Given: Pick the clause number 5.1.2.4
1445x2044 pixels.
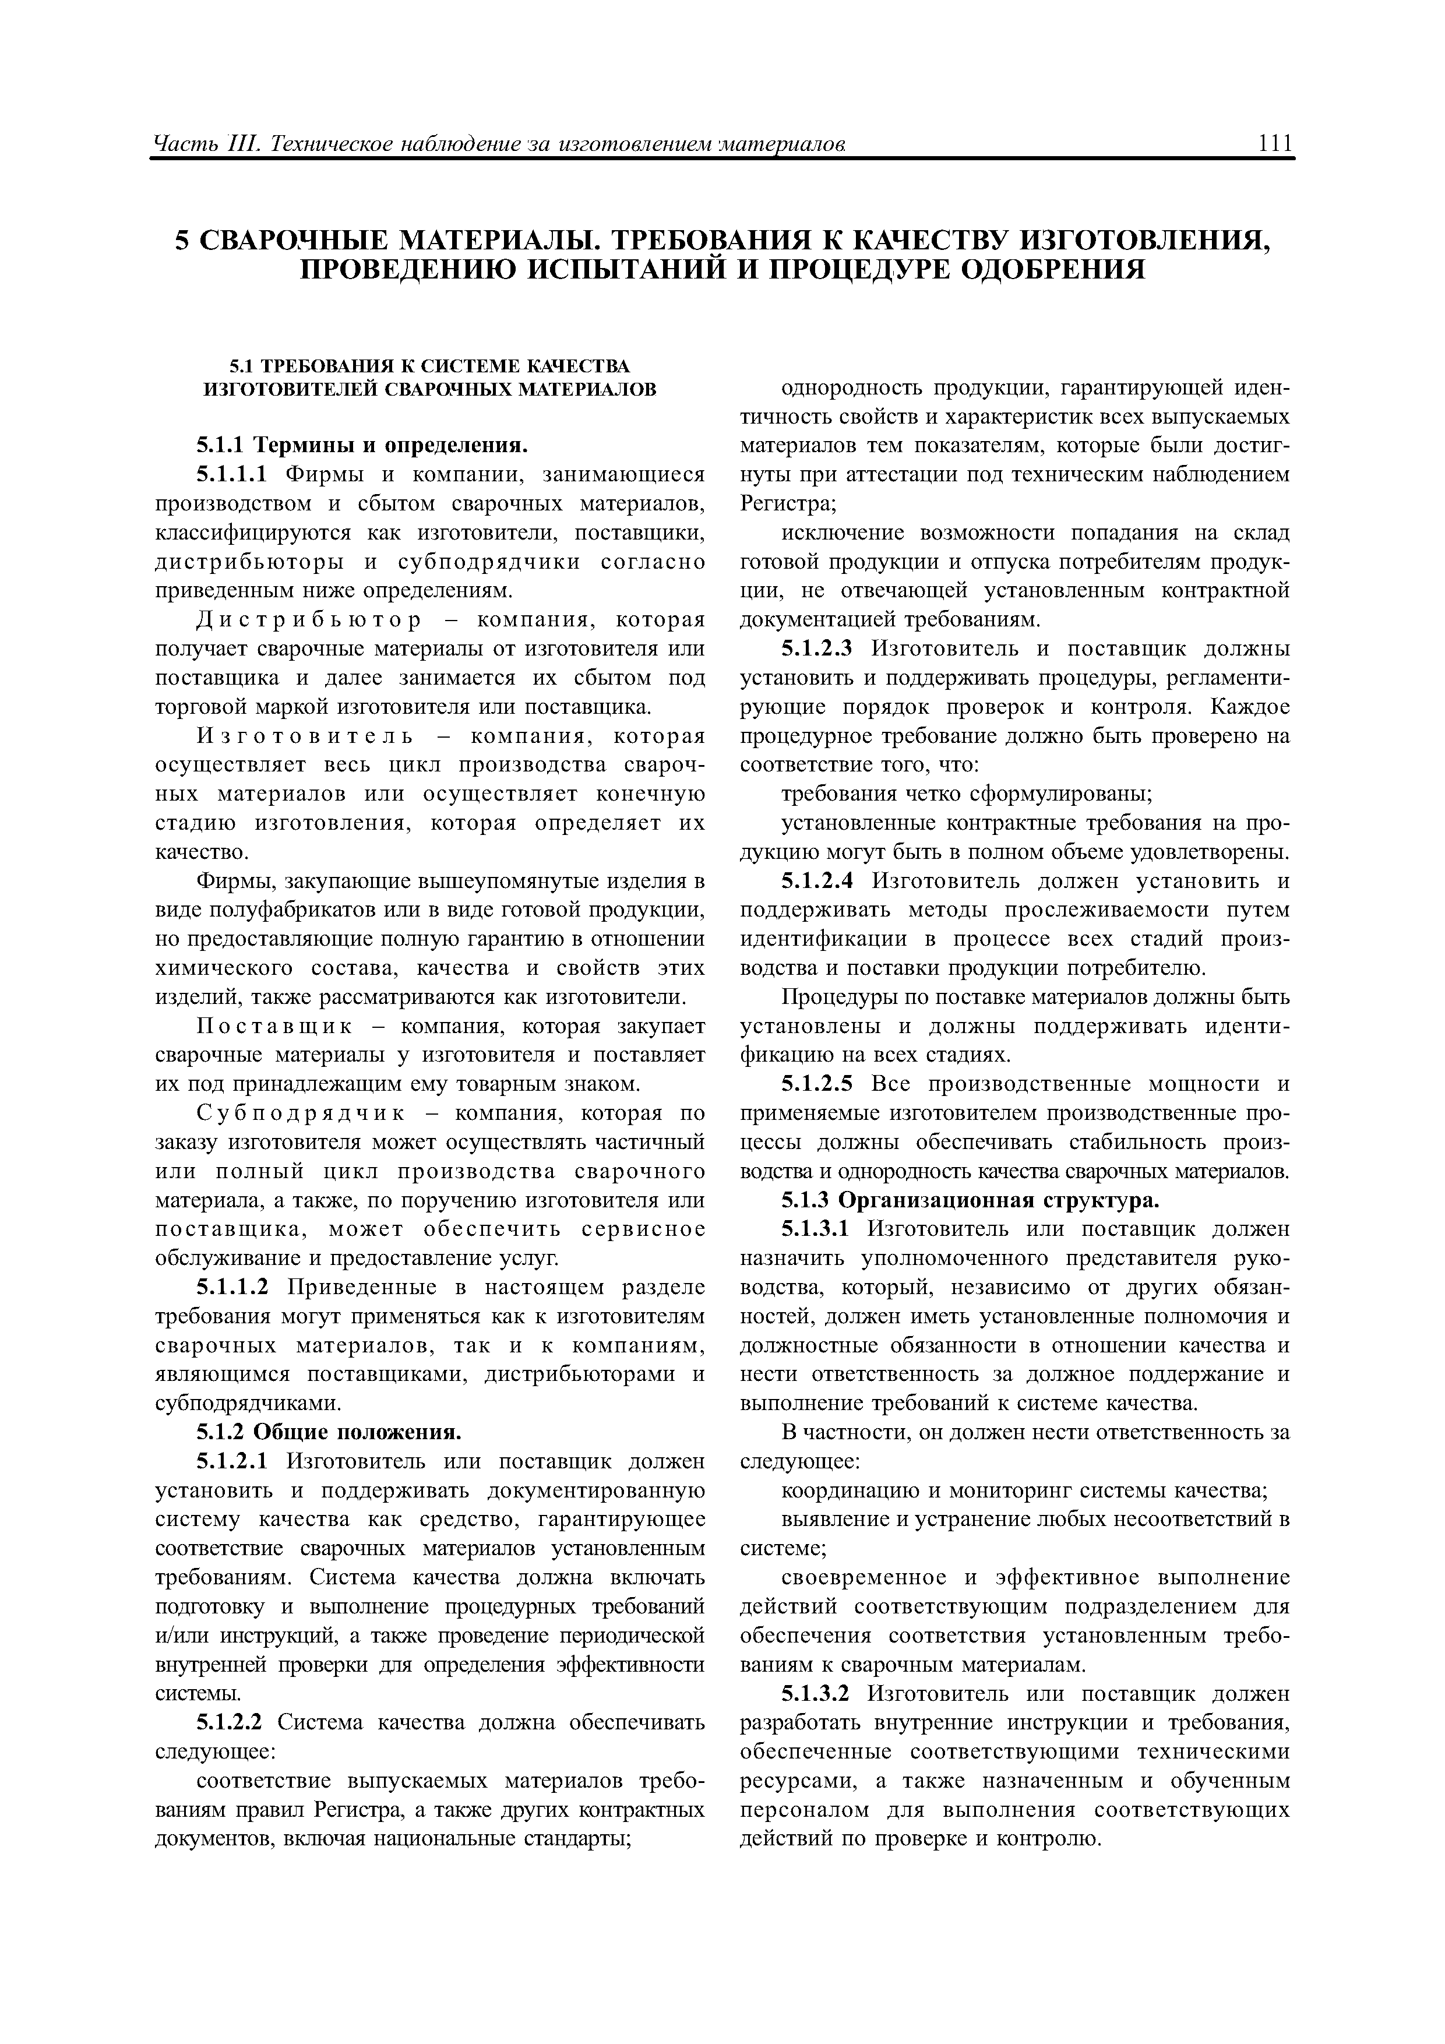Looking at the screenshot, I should pyautogui.click(x=817, y=882).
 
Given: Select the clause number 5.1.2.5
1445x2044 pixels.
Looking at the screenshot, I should pyautogui.click(x=817, y=1084).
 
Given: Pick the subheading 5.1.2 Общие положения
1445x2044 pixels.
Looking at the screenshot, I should pyautogui.click(x=329, y=1432).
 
